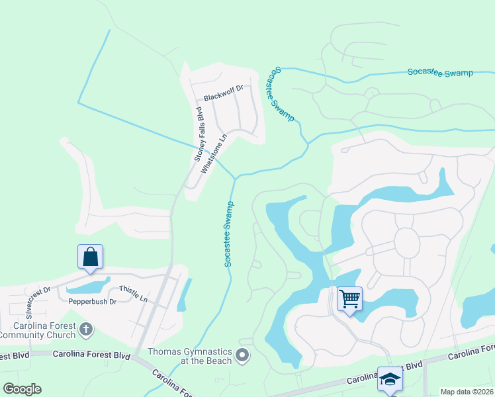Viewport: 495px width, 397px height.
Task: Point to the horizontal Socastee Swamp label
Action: coord(440,73)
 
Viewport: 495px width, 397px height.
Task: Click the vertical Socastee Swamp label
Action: coord(229,234)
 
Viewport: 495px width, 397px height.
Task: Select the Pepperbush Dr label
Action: coord(92,302)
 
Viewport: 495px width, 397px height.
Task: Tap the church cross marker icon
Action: coord(85,329)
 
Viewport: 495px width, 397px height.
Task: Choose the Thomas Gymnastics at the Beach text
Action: coord(190,356)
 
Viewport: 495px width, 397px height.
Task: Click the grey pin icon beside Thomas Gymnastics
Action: coord(243,356)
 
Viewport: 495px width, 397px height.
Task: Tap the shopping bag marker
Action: coord(90,257)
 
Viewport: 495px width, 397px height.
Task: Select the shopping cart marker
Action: coord(349,298)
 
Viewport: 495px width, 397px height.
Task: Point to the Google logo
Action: coord(22,388)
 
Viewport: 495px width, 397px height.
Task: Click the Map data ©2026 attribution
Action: coord(467,392)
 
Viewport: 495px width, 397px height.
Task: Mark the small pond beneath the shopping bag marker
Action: coord(88,287)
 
